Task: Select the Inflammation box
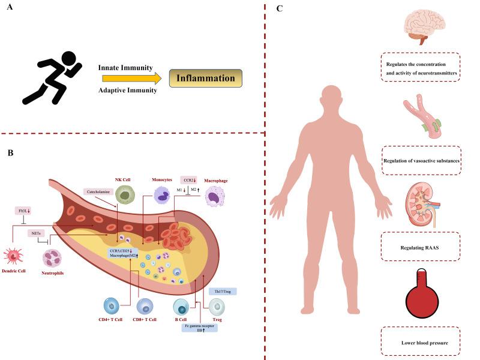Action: pyautogui.click(x=205, y=78)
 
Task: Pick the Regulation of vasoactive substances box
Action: pyautogui.click(x=421, y=161)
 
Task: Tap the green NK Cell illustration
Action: pyautogui.click(x=127, y=196)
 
